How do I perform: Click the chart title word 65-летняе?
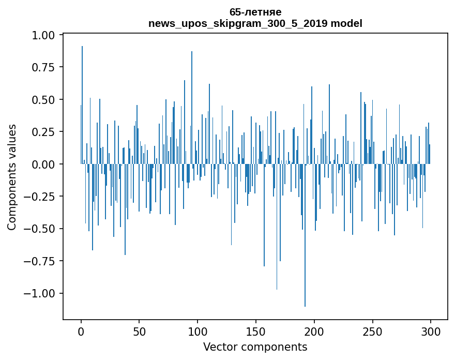pyautogui.click(x=255, y=12)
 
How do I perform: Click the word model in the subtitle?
pyautogui.click(x=346, y=23)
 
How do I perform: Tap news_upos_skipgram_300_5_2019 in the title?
pyautogui.click(x=238, y=24)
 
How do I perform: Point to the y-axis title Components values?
pyautogui.click(x=11, y=177)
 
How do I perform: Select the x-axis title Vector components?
pyautogui.click(x=255, y=347)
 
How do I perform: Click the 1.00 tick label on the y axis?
pyautogui.click(x=43, y=35)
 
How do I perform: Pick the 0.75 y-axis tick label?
pyautogui.click(x=43, y=68)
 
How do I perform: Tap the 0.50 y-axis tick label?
pyautogui.click(x=43, y=100)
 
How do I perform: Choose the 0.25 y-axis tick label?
pyautogui.click(x=43, y=132)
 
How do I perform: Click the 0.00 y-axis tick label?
pyautogui.click(x=43, y=164)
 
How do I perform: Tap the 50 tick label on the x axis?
pyautogui.click(x=139, y=332)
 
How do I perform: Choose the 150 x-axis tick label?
pyautogui.click(x=255, y=332)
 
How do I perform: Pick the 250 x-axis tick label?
pyautogui.click(x=372, y=332)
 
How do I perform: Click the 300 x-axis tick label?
pyautogui.click(x=431, y=332)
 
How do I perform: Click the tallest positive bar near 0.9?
pyautogui.click(x=82, y=105)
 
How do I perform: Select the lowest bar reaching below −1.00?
pyautogui.click(x=305, y=235)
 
